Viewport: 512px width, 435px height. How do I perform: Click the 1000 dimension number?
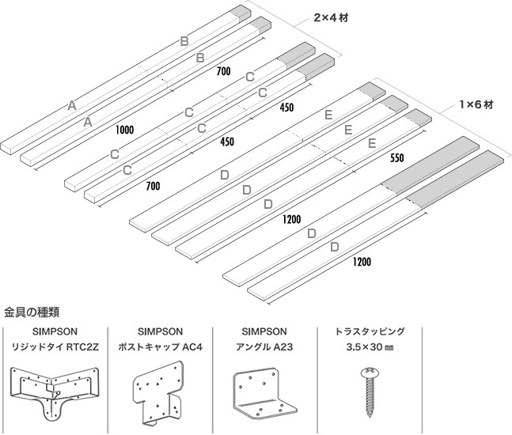tap(124, 129)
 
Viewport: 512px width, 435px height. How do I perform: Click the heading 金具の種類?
tap(32, 311)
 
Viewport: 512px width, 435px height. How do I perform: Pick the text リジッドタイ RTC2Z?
tap(53, 346)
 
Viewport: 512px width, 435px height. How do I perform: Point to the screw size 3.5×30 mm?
tap(371, 346)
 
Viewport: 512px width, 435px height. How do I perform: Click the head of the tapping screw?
tap(370, 372)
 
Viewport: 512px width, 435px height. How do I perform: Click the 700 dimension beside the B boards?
tap(223, 71)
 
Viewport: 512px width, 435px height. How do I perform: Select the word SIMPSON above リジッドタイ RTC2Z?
tap(53, 332)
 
